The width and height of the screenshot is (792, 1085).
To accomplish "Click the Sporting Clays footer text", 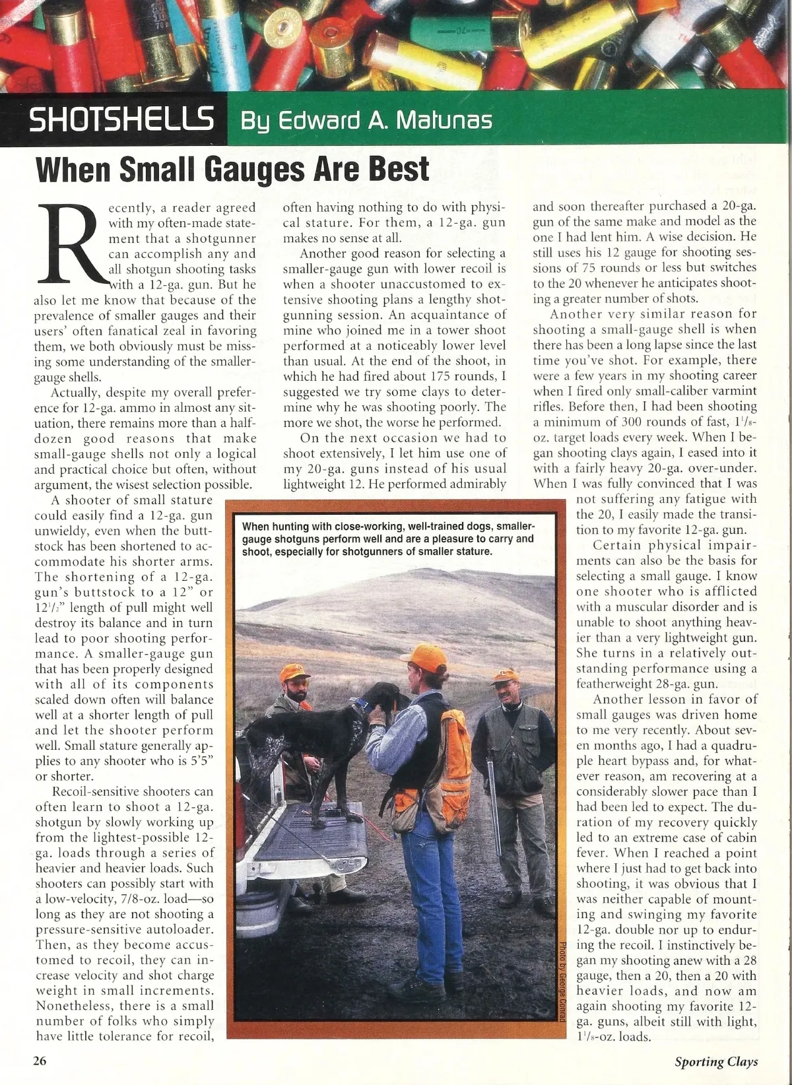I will click(716, 1062).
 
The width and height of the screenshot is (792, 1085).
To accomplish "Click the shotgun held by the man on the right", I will click(491, 792).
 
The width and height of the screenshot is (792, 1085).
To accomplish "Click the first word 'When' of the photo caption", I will click(257, 527).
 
